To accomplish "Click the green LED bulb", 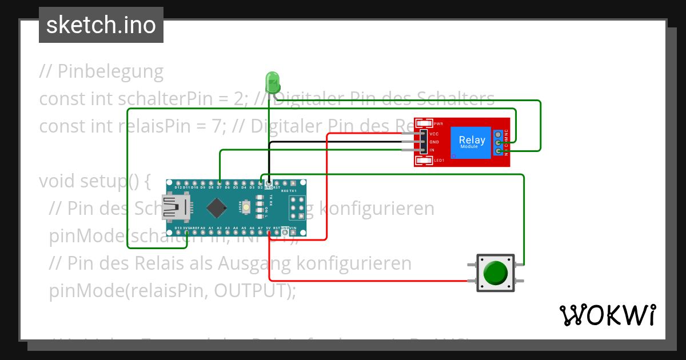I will pyautogui.click(x=273, y=81).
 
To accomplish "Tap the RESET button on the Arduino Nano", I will pyautogui.click(x=247, y=207).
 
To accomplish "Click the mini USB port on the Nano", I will pyautogui.click(x=175, y=207).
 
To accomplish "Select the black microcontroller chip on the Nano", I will pyautogui.click(x=216, y=207).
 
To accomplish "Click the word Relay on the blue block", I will pyautogui.click(x=472, y=140).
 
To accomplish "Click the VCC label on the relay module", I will pyautogui.click(x=434, y=134).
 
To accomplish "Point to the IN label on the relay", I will pyautogui.click(x=432, y=150).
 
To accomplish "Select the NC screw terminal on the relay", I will pyautogui.click(x=498, y=134).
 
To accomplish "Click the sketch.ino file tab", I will pyautogui.click(x=101, y=25).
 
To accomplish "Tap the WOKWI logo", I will pyautogui.click(x=607, y=315).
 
